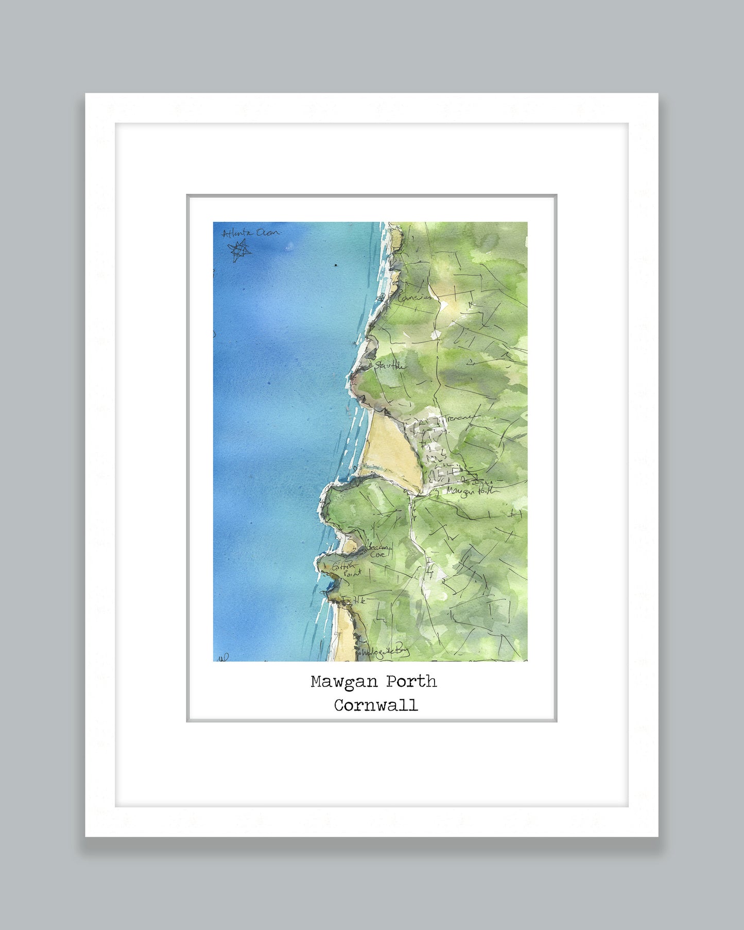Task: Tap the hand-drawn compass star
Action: pos(239,251)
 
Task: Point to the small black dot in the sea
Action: pos(336,266)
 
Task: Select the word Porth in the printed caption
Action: pos(411,682)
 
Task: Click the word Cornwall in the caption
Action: pos(375,705)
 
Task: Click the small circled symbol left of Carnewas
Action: pos(382,296)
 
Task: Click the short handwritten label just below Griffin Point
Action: pos(359,600)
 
